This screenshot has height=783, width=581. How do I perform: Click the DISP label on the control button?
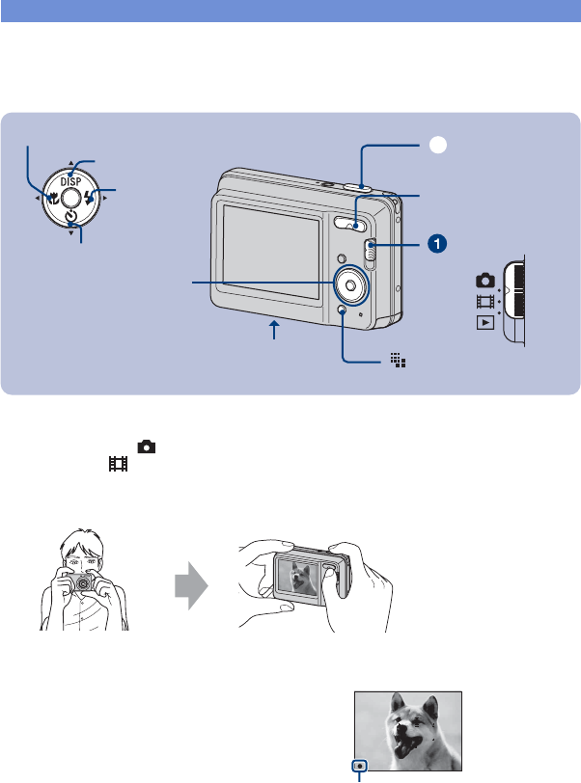point(72,180)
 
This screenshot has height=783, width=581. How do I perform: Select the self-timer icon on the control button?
point(71,221)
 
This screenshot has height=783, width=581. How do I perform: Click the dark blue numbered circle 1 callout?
point(437,244)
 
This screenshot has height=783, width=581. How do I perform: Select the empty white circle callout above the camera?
point(437,145)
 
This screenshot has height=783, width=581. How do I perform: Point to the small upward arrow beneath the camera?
point(276,331)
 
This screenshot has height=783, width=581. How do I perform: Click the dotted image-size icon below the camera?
point(398,360)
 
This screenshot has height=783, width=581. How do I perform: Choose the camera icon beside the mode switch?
point(484,281)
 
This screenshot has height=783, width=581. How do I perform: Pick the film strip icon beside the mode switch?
point(484,301)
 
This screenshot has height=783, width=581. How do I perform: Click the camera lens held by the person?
point(85,585)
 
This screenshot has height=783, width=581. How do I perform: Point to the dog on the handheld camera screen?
point(298,581)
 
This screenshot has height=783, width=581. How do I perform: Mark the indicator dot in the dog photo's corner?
point(360,758)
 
